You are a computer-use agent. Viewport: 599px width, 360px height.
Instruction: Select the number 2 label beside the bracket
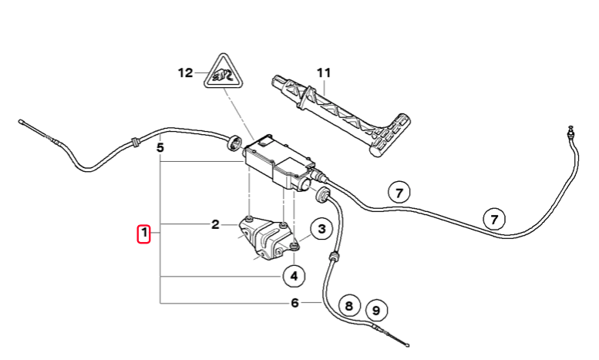[215, 225]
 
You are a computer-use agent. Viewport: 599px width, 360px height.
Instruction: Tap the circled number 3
[321, 228]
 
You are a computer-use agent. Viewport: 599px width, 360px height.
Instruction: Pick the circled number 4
[294, 275]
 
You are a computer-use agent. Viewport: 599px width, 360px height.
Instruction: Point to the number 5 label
[160, 147]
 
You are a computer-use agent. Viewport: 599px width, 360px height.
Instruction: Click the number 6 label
[294, 303]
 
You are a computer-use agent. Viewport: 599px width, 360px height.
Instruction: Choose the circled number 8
[348, 306]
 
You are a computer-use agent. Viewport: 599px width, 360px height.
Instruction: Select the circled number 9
[376, 311]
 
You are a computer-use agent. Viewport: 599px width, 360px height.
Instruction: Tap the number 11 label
[324, 72]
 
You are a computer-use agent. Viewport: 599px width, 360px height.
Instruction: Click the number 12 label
[186, 72]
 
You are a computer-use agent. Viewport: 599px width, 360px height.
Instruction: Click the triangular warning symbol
[224, 72]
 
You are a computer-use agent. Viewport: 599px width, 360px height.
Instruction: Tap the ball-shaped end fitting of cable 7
[570, 130]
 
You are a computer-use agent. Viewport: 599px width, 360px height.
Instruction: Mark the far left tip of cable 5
[19, 122]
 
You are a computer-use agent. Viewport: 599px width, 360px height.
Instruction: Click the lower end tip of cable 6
[408, 345]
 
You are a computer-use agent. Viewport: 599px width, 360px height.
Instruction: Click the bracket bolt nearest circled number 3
[294, 245]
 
